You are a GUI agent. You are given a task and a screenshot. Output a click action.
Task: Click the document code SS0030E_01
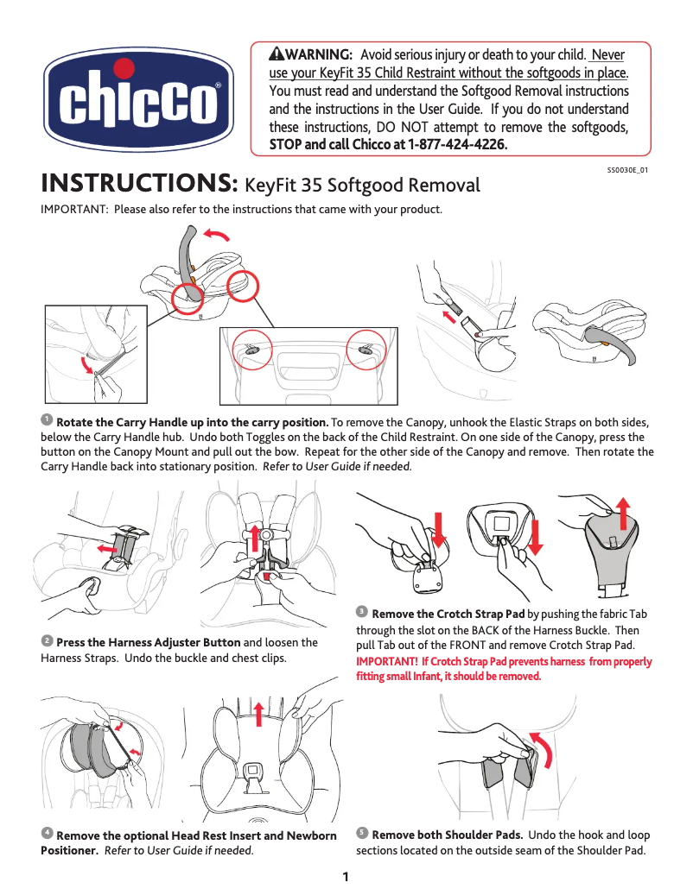628,170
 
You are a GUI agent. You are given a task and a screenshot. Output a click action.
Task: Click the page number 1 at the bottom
346,879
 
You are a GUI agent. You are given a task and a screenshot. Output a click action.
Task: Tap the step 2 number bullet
47,641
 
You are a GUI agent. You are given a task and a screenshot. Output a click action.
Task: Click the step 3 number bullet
362,611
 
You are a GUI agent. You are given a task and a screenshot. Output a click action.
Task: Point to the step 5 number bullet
362,833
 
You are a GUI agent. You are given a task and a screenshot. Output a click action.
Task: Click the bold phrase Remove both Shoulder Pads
447,835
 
